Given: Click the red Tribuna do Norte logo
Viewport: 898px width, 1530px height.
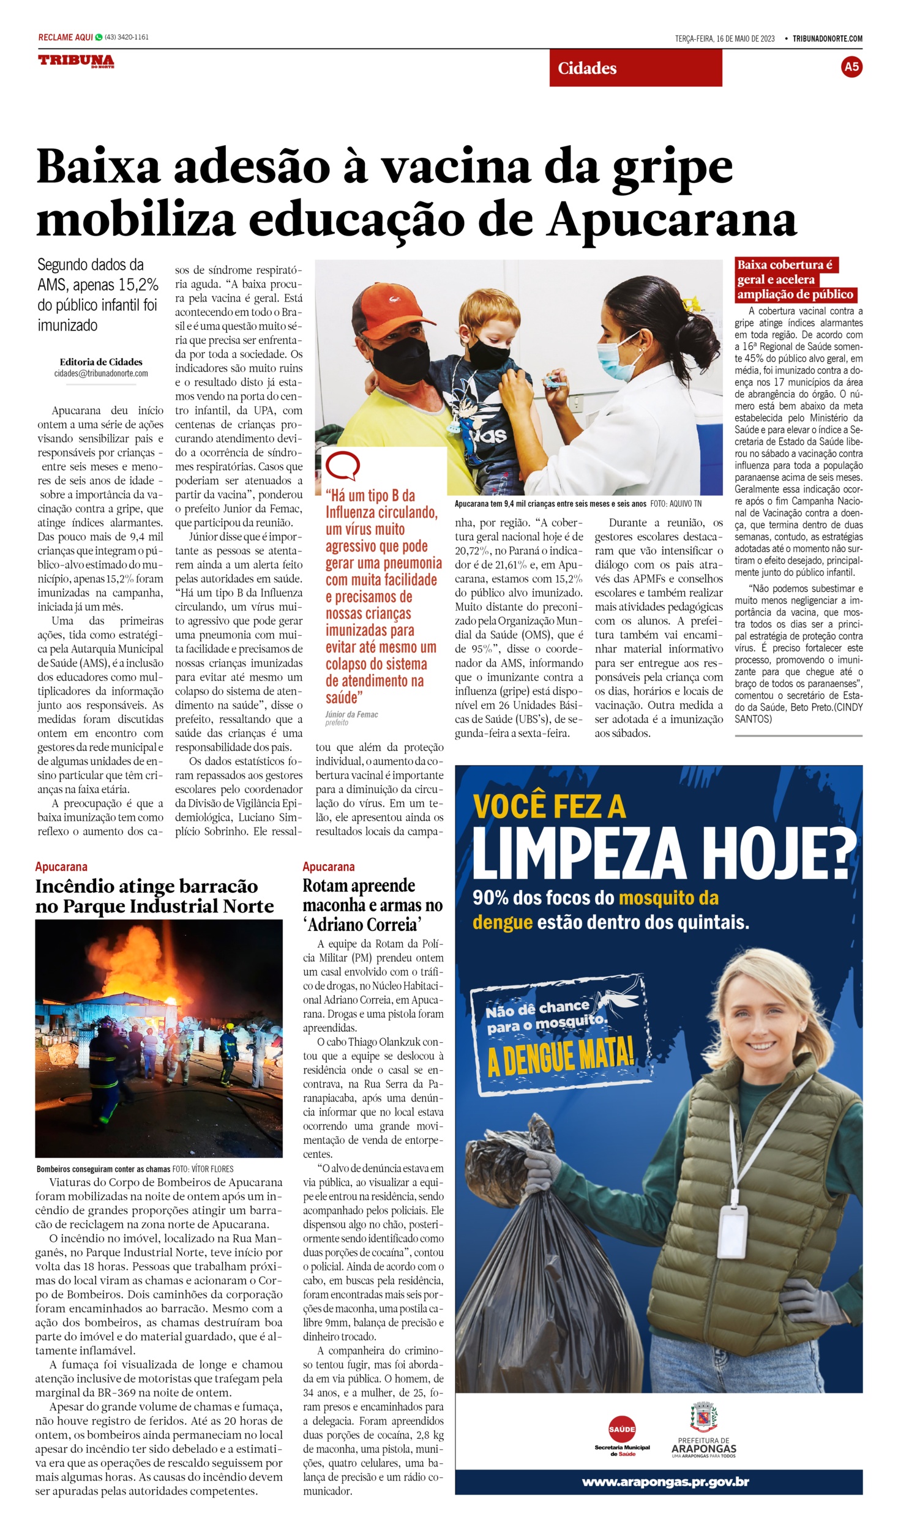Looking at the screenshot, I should click(x=76, y=61).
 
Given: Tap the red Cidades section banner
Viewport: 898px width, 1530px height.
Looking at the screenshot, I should click(x=635, y=68).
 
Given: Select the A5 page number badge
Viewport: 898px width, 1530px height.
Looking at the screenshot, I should click(x=851, y=67).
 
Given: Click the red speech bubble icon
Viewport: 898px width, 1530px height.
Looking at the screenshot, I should click(x=342, y=466).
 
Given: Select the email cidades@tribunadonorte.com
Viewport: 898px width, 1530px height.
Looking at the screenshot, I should click(x=101, y=373).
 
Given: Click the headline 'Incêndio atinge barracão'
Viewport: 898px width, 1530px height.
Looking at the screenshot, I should click(x=146, y=886).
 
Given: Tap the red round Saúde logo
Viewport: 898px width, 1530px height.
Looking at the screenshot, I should click(x=622, y=1429).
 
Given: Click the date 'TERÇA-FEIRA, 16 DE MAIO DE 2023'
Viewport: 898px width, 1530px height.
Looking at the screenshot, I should click(x=724, y=39).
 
